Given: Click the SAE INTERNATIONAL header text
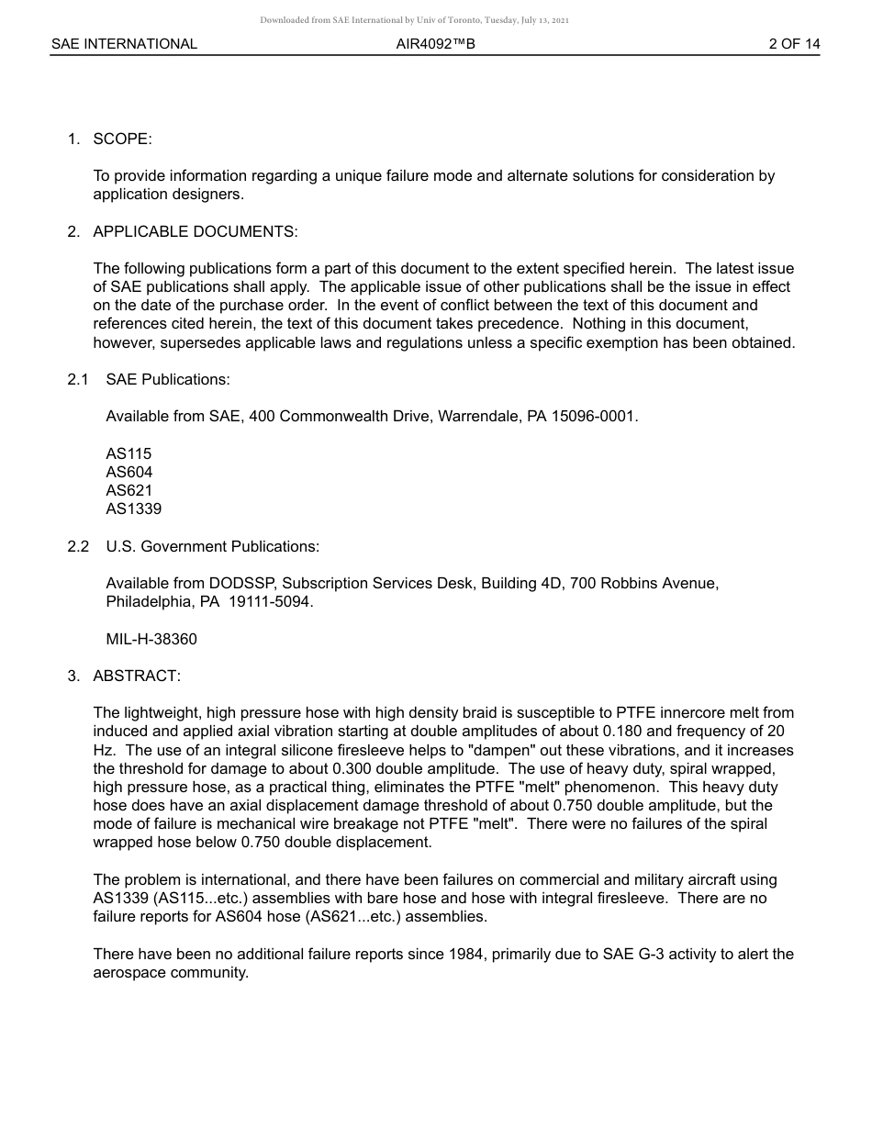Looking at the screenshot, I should pos(124,44).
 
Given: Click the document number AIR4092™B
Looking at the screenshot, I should pos(435,44).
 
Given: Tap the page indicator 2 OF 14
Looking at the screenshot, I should pos(794,44).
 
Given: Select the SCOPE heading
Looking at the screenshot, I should pos(122,139).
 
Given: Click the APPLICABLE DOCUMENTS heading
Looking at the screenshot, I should pos(195,231).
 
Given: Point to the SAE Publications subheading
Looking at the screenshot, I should pos(168,379).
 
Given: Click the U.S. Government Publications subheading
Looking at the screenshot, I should pos(212,546).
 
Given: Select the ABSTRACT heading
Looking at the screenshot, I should pos(137,676).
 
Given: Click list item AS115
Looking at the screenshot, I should pos(129,453).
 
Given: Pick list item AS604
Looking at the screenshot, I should pos(129,472).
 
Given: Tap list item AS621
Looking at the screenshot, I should pos(129,490).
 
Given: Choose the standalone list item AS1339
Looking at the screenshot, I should pos(133,509).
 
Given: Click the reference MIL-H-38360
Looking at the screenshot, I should pos(151,639).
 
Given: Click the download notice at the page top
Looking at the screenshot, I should pos(414,19).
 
